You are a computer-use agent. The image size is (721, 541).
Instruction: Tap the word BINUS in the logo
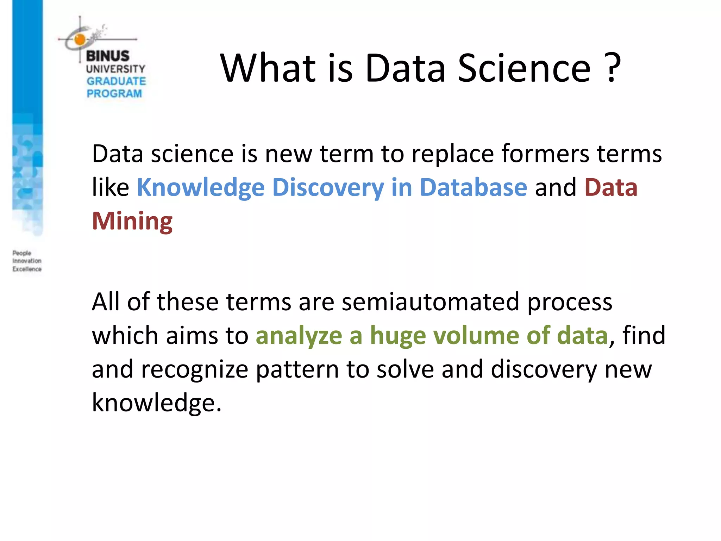click(x=108, y=56)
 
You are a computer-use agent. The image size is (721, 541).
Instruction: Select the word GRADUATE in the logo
click(x=116, y=81)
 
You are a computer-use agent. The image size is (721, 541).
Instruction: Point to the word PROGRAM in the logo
click(x=114, y=94)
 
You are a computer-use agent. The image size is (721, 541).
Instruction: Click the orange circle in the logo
click(x=80, y=39)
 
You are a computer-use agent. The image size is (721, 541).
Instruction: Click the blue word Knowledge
click(x=200, y=188)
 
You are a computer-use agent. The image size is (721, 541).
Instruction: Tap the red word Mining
click(x=132, y=221)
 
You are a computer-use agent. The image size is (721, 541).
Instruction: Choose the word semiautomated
click(x=430, y=302)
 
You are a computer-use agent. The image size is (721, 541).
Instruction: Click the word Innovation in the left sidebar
click(x=27, y=261)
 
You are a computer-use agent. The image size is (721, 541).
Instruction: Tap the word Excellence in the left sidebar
click(x=27, y=269)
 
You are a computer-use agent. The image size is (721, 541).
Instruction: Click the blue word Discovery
click(x=328, y=188)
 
